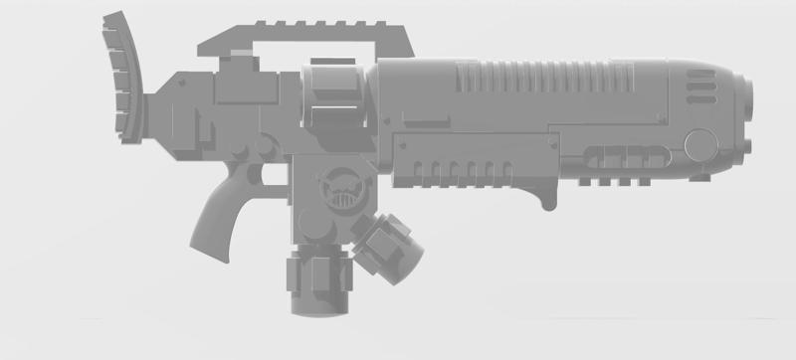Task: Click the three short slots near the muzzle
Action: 699,91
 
